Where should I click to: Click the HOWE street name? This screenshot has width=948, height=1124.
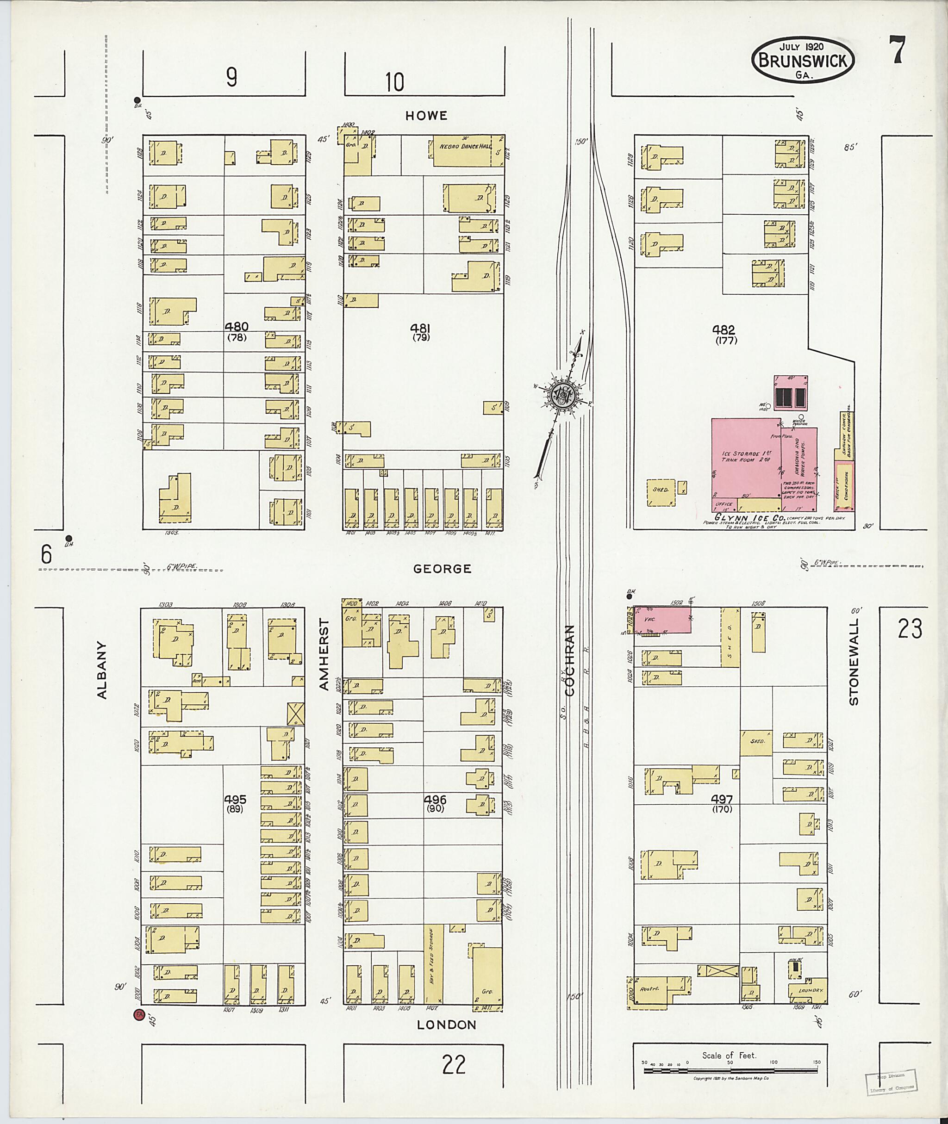(426, 116)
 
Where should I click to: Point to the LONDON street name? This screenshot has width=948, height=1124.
(447, 1025)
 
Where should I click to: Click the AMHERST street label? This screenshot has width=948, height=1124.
(323, 654)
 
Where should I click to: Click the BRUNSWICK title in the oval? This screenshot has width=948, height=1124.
(804, 61)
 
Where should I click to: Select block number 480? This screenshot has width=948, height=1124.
(237, 326)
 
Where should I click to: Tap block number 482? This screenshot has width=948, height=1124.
(723, 330)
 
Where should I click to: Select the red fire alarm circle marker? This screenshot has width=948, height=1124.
(139, 1014)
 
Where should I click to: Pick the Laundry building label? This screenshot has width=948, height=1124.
(807, 990)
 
